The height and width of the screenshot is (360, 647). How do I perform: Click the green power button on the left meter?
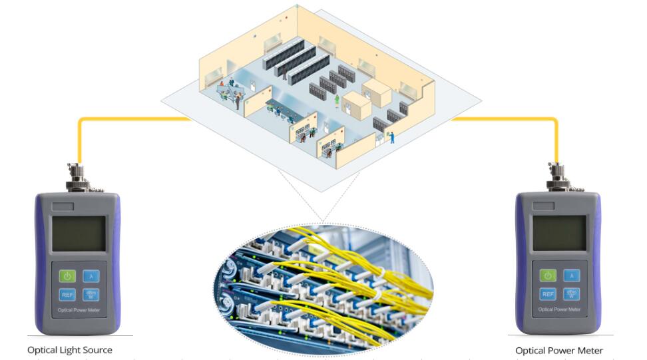click(x=67, y=275)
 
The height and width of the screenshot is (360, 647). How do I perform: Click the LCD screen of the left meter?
click(x=79, y=234)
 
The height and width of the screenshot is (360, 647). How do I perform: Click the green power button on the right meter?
click(x=548, y=275)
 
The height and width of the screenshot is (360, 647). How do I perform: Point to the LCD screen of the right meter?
click(x=559, y=234)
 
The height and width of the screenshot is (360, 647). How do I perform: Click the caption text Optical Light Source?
click(x=69, y=349)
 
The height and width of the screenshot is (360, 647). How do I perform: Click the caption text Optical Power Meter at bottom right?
click(x=558, y=350)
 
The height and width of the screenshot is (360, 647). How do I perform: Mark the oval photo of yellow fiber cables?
click(x=323, y=283)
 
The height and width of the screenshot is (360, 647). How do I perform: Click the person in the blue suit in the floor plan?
click(x=392, y=137)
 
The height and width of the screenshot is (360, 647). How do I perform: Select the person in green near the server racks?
click(x=337, y=100)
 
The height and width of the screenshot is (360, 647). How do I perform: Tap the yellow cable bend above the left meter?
click(x=81, y=120)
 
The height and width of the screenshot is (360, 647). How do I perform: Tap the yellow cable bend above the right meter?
click(x=555, y=120)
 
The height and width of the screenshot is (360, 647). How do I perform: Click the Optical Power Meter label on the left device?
click(x=79, y=309)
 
